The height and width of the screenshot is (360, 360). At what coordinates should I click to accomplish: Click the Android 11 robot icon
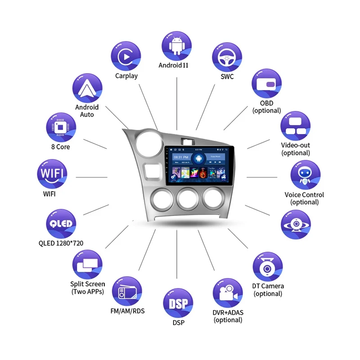pos(176,46)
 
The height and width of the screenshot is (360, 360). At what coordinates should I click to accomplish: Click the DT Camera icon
pos(268,267)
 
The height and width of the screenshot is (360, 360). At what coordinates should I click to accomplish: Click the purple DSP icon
pos(178,303)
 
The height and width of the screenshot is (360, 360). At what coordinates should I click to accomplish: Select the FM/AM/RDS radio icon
pos(127,292)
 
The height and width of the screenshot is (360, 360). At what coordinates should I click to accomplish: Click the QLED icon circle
pos(61,224)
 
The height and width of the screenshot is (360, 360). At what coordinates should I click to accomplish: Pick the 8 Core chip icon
pos(61,126)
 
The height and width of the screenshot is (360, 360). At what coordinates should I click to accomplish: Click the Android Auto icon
pos(87,89)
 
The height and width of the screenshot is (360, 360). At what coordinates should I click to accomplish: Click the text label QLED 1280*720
pos(61,243)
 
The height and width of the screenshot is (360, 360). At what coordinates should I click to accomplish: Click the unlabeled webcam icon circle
pos(296,224)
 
